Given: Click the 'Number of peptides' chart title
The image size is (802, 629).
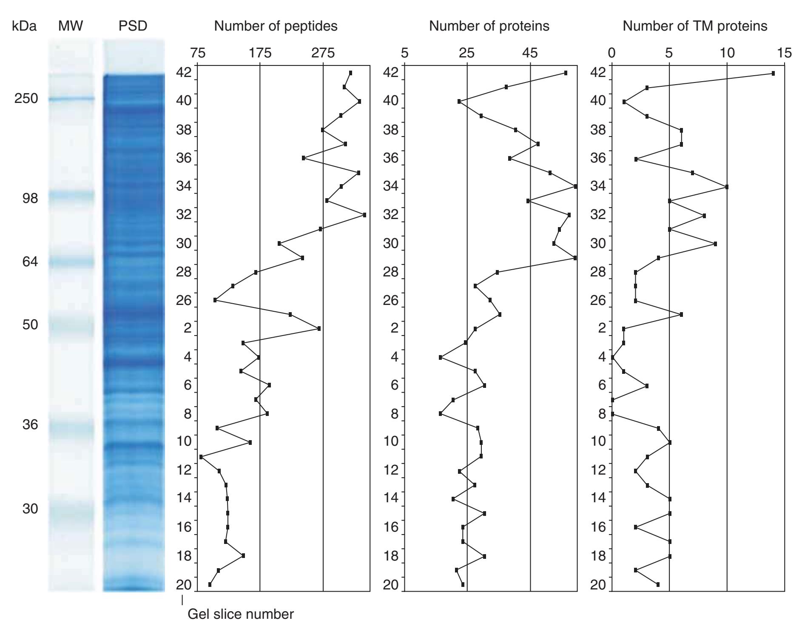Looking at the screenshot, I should (x=276, y=26).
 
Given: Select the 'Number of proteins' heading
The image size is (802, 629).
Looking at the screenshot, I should (x=489, y=26).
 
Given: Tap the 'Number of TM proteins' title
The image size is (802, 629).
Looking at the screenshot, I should (x=695, y=26).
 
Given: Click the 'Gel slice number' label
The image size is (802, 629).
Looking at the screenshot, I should (x=240, y=614).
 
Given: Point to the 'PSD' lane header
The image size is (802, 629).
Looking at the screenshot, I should (x=133, y=26).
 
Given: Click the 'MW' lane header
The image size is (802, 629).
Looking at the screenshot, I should (x=71, y=26).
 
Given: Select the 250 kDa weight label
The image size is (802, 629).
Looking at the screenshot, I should (x=26, y=99).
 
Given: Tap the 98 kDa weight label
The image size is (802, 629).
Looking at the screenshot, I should (x=30, y=198).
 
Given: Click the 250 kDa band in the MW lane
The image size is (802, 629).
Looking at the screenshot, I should (x=71, y=99).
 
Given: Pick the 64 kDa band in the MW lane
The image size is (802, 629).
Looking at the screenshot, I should (x=71, y=262).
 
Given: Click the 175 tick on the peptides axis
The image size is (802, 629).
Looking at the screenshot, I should (x=260, y=53).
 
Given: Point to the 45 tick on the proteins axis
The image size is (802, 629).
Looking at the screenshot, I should (x=530, y=53).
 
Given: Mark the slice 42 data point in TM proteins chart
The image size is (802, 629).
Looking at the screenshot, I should (x=773, y=74).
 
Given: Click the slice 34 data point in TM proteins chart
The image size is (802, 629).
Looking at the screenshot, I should (x=727, y=187).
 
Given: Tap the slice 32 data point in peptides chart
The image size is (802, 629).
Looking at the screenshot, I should (x=364, y=215).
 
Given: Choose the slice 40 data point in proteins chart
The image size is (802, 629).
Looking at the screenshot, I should (x=459, y=102).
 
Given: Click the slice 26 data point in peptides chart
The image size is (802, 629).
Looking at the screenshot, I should (x=215, y=300).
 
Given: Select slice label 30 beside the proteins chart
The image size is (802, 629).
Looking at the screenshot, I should (x=391, y=244).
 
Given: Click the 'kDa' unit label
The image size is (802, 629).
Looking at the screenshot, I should (x=24, y=26).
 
